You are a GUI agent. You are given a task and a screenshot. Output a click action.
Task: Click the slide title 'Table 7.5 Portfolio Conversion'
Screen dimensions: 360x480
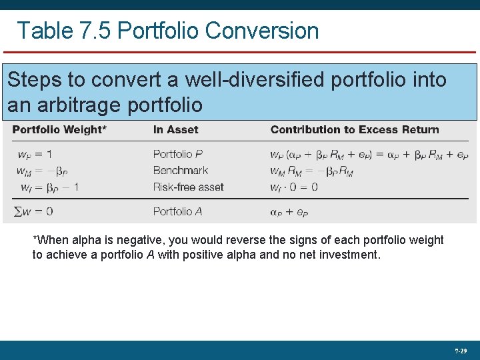click(x=167, y=31)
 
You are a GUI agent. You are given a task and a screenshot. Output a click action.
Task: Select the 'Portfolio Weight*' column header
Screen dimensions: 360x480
click(x=59, y=129)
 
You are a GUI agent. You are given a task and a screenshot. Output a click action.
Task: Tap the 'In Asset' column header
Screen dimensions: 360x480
click(x=176, y=129)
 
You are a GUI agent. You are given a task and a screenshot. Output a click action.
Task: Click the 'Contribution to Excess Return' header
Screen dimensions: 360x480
click(x=355, y=129)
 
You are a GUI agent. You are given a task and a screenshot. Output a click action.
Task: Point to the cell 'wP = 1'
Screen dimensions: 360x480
click(x=34, y=154)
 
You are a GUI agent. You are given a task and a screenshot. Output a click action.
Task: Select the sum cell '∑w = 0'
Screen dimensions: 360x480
click(x=33, y=211)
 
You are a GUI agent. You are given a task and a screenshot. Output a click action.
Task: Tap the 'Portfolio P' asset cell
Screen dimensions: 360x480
click(x=177, y=154)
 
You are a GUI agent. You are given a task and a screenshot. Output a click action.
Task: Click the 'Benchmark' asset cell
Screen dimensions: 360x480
click(x=181, y=171)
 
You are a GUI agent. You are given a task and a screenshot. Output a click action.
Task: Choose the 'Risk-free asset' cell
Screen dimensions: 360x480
click(x=189, y=187)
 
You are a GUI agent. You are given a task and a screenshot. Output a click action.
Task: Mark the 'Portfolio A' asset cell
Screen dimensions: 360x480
click(x=177, y=211)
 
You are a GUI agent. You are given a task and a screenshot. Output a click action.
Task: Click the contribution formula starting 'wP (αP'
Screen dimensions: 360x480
click(x=369, y=155)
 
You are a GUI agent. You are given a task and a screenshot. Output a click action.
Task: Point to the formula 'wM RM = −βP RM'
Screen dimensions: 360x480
click(x=311, y=171)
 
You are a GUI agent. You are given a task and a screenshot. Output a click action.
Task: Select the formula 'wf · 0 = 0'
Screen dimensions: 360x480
click(x=294, y=187)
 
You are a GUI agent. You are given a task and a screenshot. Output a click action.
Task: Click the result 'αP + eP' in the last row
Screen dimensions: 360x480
click(x=289, y=212)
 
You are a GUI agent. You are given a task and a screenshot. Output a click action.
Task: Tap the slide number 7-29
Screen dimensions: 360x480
click(x=461, y=350)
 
